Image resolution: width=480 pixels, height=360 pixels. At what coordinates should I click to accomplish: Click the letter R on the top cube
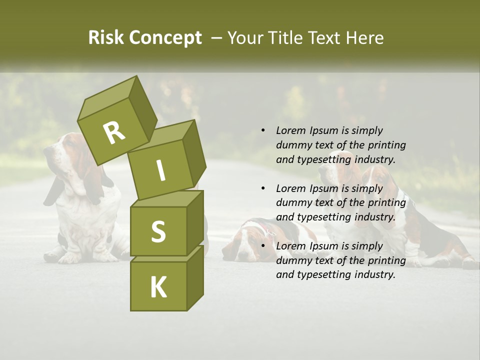coord(114,132)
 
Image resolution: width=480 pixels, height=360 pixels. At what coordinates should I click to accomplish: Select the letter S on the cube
coord(158,231)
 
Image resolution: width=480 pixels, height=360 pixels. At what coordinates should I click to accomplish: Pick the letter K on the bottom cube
coord(158,287)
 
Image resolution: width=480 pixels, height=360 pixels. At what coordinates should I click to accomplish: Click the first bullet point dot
coord(263,131)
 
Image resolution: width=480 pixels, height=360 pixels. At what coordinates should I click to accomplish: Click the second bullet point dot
coord(263,188)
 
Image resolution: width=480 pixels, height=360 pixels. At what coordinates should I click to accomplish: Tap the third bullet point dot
coord(263,246)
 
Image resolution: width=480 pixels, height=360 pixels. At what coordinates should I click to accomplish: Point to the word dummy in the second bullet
coord(292,203)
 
